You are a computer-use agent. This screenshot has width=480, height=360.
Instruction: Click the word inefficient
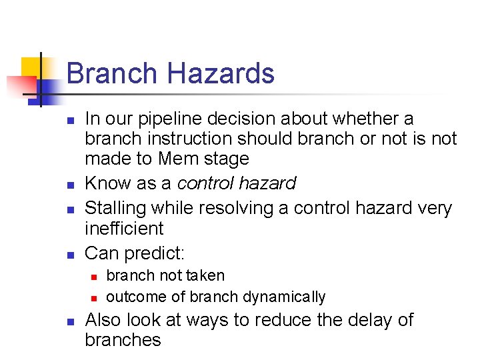[x=124, y=229]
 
